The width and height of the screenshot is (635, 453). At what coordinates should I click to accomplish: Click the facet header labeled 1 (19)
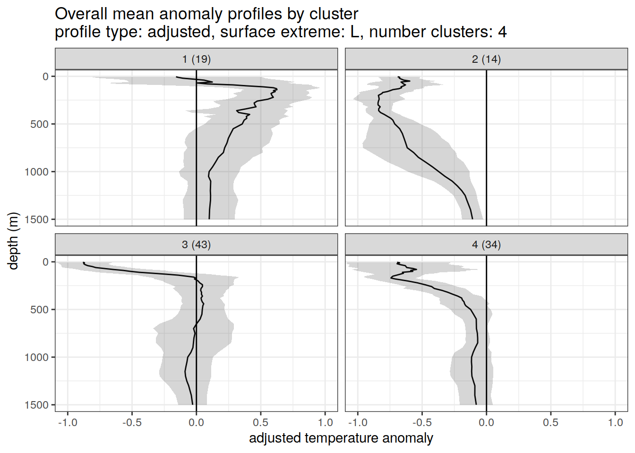click(x=196, y=59)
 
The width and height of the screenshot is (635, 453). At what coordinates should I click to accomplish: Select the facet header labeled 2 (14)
click(x=486, y=59)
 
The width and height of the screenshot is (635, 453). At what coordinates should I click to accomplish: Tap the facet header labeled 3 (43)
click(x=196, y=244)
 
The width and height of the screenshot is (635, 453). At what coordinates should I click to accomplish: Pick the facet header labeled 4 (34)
click(x=486, y=244)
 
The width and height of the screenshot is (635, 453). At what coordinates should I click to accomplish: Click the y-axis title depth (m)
click(x=13, y=241)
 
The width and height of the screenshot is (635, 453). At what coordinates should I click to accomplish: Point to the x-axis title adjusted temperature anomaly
click(x=341, y=438)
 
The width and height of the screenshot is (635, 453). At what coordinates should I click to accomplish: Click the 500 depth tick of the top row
click(x=40, y=124)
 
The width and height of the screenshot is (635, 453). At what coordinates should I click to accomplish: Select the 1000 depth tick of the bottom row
click(x=37, y=357)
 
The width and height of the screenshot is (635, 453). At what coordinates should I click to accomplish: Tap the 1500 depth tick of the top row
click(x=37, y=219)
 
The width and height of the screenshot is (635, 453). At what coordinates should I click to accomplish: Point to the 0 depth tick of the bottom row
click(x=46, y=262)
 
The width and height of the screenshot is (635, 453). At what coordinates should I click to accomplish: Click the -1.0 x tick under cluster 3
click(x=67, y=422)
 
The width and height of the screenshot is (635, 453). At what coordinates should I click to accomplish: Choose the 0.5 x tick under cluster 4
click(x=550, y=422)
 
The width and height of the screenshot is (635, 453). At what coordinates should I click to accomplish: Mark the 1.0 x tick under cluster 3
click(x=325, y=422)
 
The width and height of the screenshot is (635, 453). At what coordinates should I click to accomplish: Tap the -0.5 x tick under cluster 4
click(x=421, y=422)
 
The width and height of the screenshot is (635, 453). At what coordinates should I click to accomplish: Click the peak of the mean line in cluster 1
click(x=277, y=89)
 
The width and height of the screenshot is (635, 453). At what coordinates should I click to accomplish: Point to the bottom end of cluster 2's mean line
click(x=472, y=219)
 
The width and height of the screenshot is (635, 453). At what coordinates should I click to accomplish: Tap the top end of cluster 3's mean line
click(x=84, y=262)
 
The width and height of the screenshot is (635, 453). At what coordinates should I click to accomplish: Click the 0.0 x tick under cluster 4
click(x=486, y=422)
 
